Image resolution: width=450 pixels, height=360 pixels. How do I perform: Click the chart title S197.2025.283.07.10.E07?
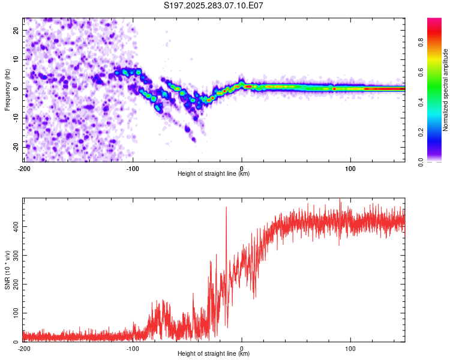[214, 5]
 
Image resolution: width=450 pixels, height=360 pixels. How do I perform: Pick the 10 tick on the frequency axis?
[17, 59]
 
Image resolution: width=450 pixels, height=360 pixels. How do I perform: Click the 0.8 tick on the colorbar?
[437, 43]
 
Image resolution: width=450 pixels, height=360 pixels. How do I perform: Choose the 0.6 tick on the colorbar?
[437, 72]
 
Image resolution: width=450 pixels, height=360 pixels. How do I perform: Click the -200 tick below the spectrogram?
[24, 168]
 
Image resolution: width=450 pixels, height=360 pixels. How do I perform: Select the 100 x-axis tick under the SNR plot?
[351, 348]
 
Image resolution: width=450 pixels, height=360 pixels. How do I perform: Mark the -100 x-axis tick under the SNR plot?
[133, 348]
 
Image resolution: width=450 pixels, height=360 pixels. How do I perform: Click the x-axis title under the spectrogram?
[214, 174]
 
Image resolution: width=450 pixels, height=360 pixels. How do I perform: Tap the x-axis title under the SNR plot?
[214, 354]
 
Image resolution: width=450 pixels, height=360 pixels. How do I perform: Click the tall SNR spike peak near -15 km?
[226, 208]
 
